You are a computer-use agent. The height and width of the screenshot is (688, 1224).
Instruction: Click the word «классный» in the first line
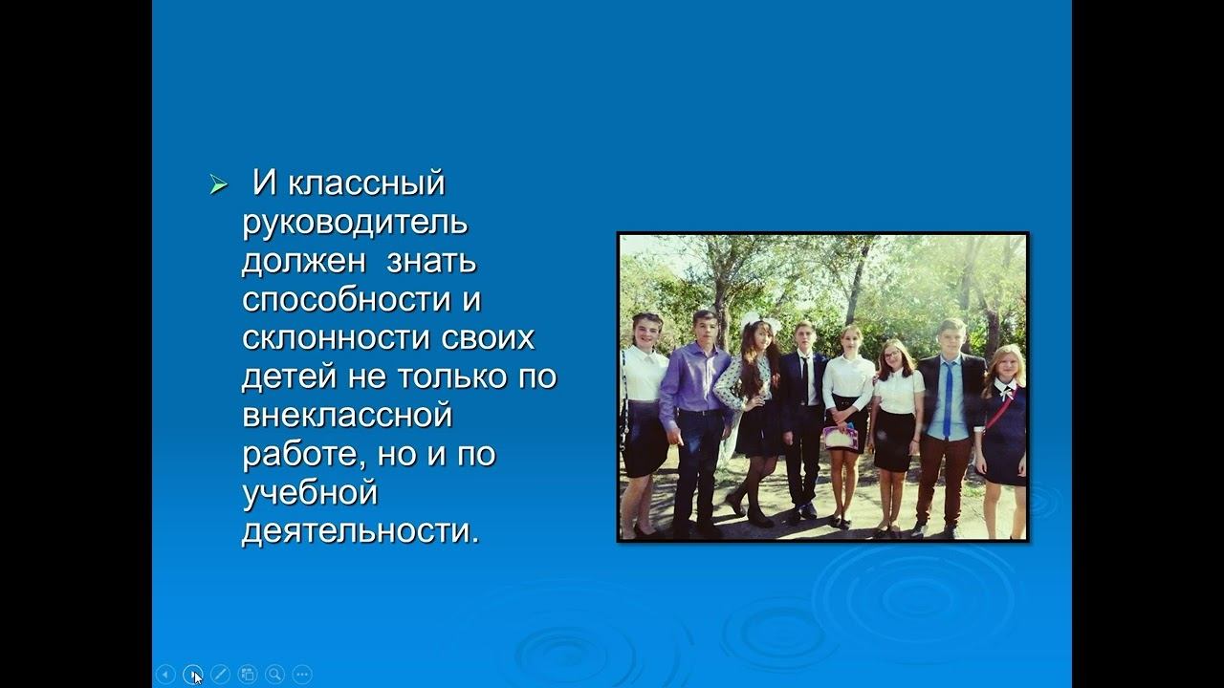pyautogui.click(x=366, y=183)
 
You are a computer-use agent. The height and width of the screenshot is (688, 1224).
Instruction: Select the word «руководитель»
pyautogui.click(x=355, y=222)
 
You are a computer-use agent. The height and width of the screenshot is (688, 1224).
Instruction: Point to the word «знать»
pyautogui.click(x=431, y=261)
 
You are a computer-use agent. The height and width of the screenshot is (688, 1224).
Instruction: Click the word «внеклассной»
pyautogui.click(x=346, y=416)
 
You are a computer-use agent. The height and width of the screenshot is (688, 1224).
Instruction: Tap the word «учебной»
pyautogui.click(x=310, y=493)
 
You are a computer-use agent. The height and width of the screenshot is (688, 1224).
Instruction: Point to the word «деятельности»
pyautogui.click(x=359, y=531)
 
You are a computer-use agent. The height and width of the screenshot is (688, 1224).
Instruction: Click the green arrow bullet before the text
pyautogui.click(x=219, y=185)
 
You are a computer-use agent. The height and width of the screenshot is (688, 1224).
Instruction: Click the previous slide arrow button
pyautogui.click(x=165, y=674)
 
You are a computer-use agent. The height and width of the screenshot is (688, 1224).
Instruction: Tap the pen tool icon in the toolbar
pyautogui.click(x=220, y=674)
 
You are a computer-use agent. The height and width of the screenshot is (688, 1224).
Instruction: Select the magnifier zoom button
pyautogui.click(x=274, y=674)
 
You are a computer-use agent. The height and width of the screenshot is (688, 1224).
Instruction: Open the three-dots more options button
pyautogui.click(x=302, y=674)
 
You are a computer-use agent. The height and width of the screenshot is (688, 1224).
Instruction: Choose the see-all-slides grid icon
pyautogui.click(x=247, y=674)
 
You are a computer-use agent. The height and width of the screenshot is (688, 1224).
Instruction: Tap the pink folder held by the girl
pyautogui.click(x=840, y=438)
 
